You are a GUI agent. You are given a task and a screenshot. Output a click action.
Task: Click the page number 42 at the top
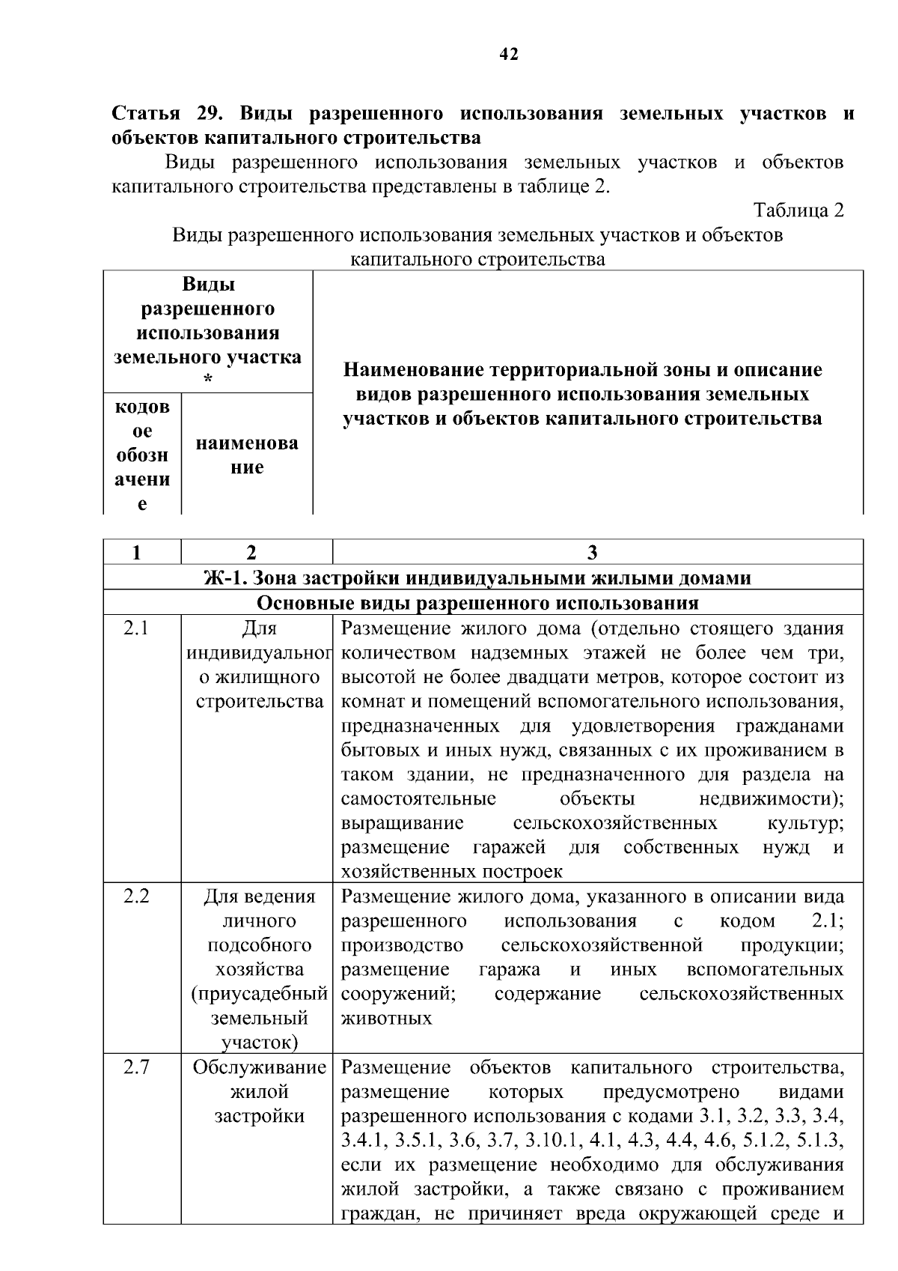click(508, 54)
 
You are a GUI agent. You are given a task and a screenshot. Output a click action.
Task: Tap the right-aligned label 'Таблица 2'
click(798, 210)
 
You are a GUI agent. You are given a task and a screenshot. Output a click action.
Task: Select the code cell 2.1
click(137, 628)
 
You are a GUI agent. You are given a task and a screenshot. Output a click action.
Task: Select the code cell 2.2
click(137, 896)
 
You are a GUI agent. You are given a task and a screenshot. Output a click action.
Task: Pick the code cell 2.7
click(137, 1067)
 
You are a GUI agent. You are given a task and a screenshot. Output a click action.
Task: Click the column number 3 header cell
click(592, 553)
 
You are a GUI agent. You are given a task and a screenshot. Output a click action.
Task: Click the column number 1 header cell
click(137, 553)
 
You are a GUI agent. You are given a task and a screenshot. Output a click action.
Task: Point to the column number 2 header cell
click(251, 553)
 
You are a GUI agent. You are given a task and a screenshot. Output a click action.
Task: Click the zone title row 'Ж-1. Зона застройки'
click(477, 577)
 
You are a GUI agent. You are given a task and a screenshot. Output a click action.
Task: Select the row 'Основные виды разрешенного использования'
click(477, 603)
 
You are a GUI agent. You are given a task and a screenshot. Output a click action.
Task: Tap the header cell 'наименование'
click(247, 455)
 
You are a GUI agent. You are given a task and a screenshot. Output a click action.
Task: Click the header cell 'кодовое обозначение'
click(142, 455)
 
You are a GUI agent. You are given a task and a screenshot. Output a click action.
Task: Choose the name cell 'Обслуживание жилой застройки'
click(259, 1091)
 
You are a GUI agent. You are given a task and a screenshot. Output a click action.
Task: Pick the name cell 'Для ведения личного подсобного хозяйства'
click(259, 969)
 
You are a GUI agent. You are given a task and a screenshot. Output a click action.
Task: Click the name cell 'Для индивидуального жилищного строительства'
click(259, 665)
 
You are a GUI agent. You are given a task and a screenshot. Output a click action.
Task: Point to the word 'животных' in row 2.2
click(386, 1019)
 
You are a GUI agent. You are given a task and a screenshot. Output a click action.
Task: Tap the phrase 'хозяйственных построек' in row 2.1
click(451, 872)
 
